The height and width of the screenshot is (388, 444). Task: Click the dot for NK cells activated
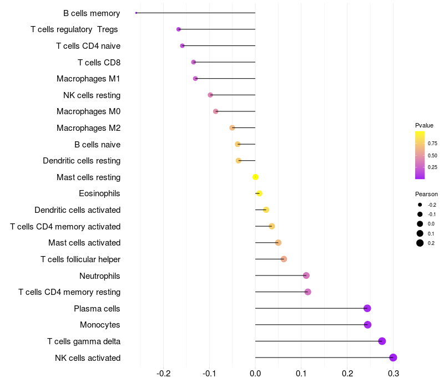point(393,358)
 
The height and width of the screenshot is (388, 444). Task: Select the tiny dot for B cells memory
point(136,13)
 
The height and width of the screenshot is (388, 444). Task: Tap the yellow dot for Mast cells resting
point(255,177)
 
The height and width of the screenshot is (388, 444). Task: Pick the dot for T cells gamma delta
point(382,341)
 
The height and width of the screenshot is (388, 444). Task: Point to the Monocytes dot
point(367,325)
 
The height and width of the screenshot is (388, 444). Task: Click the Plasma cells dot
point(367,308)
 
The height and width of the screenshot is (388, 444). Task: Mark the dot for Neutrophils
point(306,275)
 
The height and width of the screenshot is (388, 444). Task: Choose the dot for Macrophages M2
point(232,127)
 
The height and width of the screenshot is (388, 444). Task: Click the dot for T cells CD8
point(193,62)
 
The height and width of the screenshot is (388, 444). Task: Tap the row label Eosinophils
point(100,193)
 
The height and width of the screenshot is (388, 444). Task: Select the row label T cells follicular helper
point(80,259)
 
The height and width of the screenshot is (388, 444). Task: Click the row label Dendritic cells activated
point(78,210)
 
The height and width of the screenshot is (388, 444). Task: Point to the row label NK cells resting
point(92,95)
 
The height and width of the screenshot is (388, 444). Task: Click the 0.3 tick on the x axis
point(393,374)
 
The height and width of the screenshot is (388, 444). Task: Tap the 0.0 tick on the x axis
point(255,374)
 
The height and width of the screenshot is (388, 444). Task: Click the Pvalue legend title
point(424,125)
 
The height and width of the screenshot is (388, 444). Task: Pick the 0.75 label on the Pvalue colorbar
point(432,143)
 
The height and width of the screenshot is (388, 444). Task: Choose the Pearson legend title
point(426,194)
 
